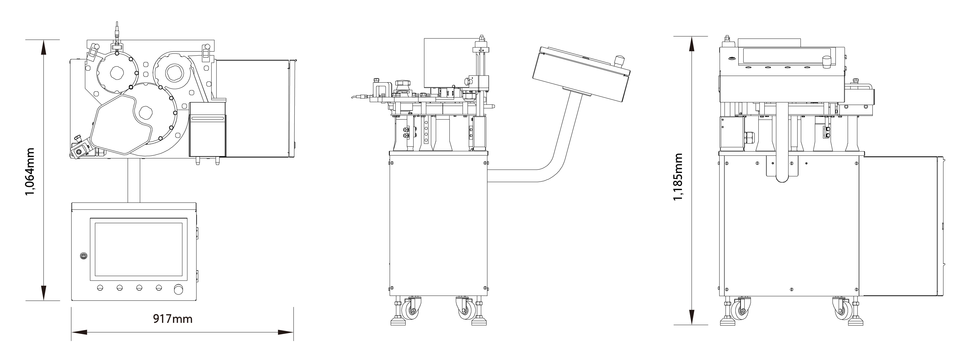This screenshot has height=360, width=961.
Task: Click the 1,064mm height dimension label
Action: (x=30, y=171)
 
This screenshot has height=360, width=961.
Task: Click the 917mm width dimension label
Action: (x=173, y=318)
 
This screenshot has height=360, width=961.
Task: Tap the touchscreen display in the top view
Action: (x=138, y=249)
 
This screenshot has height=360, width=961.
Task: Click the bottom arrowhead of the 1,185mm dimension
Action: (x=691, y=317)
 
